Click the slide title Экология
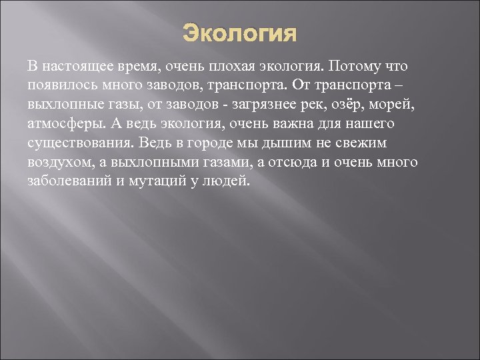239,33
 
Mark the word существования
76,143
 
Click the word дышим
273,143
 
